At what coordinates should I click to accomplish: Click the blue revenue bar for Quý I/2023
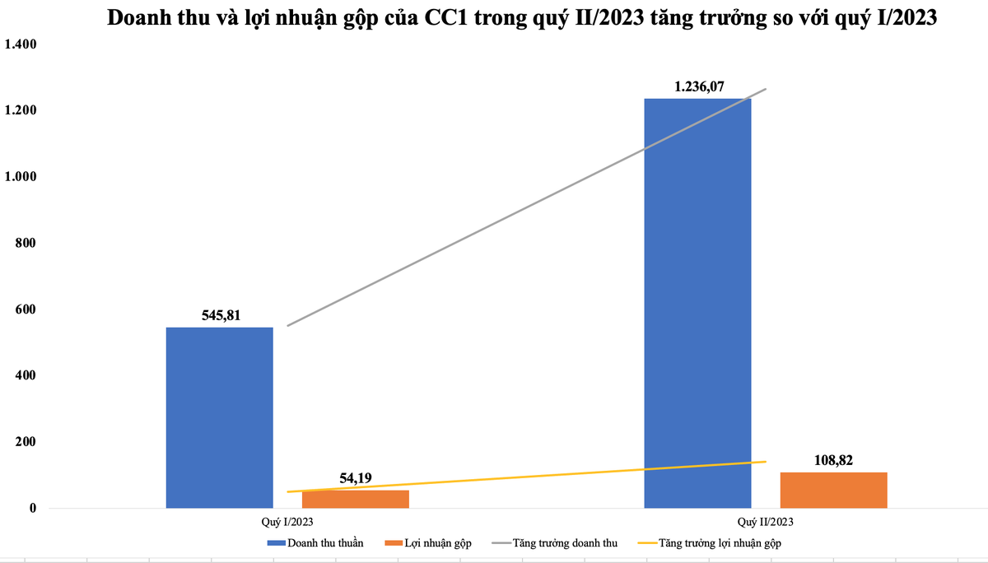tap(219, 417)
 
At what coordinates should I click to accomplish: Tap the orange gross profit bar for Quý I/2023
tap(355, 500)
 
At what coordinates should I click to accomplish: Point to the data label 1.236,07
tap(698, 86)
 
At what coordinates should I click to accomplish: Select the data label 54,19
tap(357, 477)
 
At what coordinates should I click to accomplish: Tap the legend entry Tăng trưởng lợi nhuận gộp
tap(709, 543)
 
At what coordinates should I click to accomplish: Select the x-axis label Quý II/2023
tap(766, 522)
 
